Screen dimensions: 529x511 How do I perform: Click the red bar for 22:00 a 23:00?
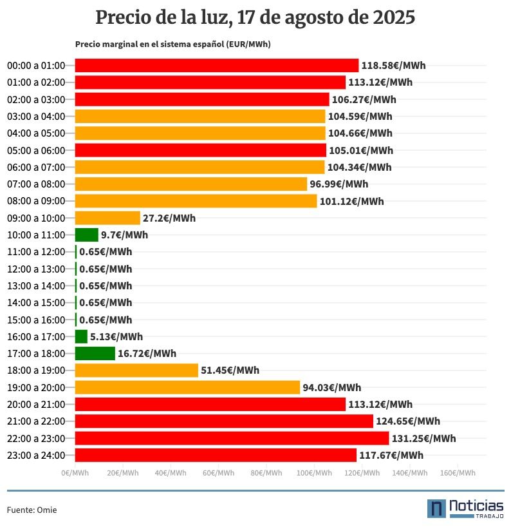(232, 438)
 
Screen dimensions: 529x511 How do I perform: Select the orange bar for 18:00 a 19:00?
(136, 370)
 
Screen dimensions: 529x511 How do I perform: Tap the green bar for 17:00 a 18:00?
(95, 353)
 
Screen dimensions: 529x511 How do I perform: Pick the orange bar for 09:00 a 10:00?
(107, 218)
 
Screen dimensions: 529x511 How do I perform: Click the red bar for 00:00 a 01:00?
(217, 65)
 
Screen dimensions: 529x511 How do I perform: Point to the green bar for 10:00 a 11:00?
(86, 235)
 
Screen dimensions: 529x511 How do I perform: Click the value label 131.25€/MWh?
(423, 439)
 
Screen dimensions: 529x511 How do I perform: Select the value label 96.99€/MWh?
(339, 184)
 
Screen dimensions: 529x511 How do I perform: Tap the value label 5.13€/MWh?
(116, 336)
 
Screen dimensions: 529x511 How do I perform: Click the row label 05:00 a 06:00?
(36, 150)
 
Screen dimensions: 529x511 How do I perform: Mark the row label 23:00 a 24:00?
(36, 456)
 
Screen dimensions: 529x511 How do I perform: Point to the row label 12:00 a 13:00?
(36, 269)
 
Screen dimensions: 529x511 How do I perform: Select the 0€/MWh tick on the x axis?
(75, 473)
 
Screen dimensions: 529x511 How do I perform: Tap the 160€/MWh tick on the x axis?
(458, 473)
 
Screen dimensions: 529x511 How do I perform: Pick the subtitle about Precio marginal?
(172, 44)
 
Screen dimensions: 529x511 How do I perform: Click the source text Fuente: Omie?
(32, 510)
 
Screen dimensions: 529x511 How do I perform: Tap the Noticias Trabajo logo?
(465, 508)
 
